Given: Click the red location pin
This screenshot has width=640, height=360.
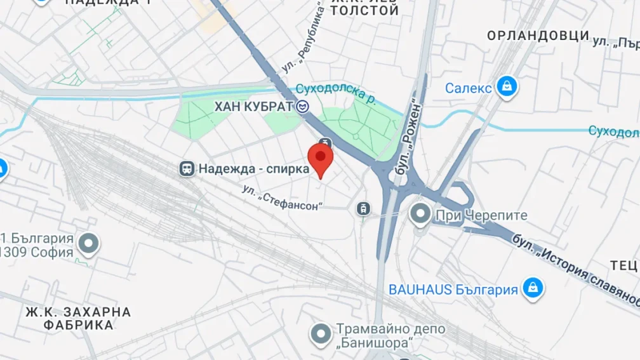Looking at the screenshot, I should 320,159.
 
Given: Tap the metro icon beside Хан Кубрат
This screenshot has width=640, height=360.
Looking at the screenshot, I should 303,107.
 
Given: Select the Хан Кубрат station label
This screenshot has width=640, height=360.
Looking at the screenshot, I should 254,107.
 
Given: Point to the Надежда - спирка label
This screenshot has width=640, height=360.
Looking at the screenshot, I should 253,169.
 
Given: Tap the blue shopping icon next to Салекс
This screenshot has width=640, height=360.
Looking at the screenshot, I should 507,88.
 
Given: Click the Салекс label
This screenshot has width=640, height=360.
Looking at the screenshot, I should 468,88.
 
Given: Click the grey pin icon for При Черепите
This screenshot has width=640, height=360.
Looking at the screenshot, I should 420,214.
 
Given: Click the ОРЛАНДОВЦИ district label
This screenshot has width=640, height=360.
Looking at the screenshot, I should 538,36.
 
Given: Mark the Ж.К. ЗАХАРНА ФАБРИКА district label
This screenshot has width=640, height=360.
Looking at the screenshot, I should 78,318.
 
